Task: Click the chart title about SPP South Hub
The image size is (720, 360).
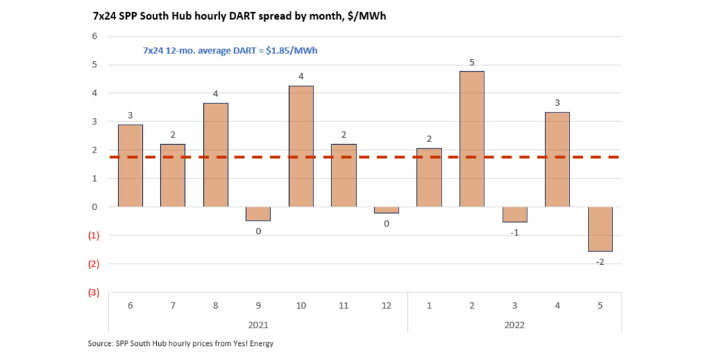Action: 239,15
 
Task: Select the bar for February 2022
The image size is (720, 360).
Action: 472,139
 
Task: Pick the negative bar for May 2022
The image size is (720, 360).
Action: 600,229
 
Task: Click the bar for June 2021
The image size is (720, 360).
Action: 130,166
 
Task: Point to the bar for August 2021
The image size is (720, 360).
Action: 215,155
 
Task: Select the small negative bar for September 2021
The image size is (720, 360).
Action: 258,214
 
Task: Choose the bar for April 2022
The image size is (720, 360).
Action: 557,160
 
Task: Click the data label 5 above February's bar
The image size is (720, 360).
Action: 472,63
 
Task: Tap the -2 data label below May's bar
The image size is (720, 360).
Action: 600,262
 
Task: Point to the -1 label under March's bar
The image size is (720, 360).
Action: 515,233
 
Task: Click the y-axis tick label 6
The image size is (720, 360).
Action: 95,36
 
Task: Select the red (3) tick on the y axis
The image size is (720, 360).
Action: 93,292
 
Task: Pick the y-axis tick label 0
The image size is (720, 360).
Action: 95,207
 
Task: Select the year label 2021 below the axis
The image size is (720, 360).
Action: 258,325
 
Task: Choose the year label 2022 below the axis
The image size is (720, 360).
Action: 515,325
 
